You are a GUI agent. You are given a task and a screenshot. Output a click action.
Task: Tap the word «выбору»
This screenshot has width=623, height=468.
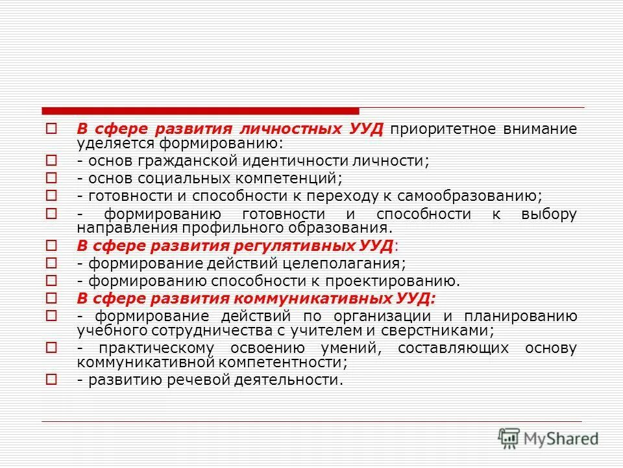point(548,214)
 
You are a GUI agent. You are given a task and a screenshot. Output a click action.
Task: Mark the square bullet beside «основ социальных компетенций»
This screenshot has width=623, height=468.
point(53,177)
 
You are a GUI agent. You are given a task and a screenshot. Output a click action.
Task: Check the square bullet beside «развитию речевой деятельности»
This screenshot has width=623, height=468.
point(53,380)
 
